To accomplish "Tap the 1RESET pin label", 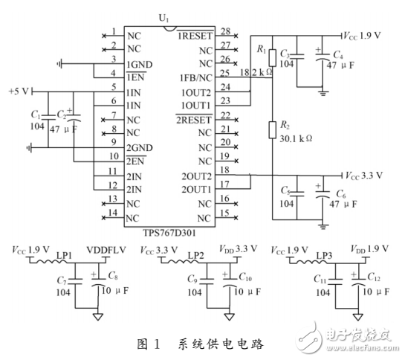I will (x=195, y=34).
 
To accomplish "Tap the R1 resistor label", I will (x=260, y=49).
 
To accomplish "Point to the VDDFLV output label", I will (x=103, y=248).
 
